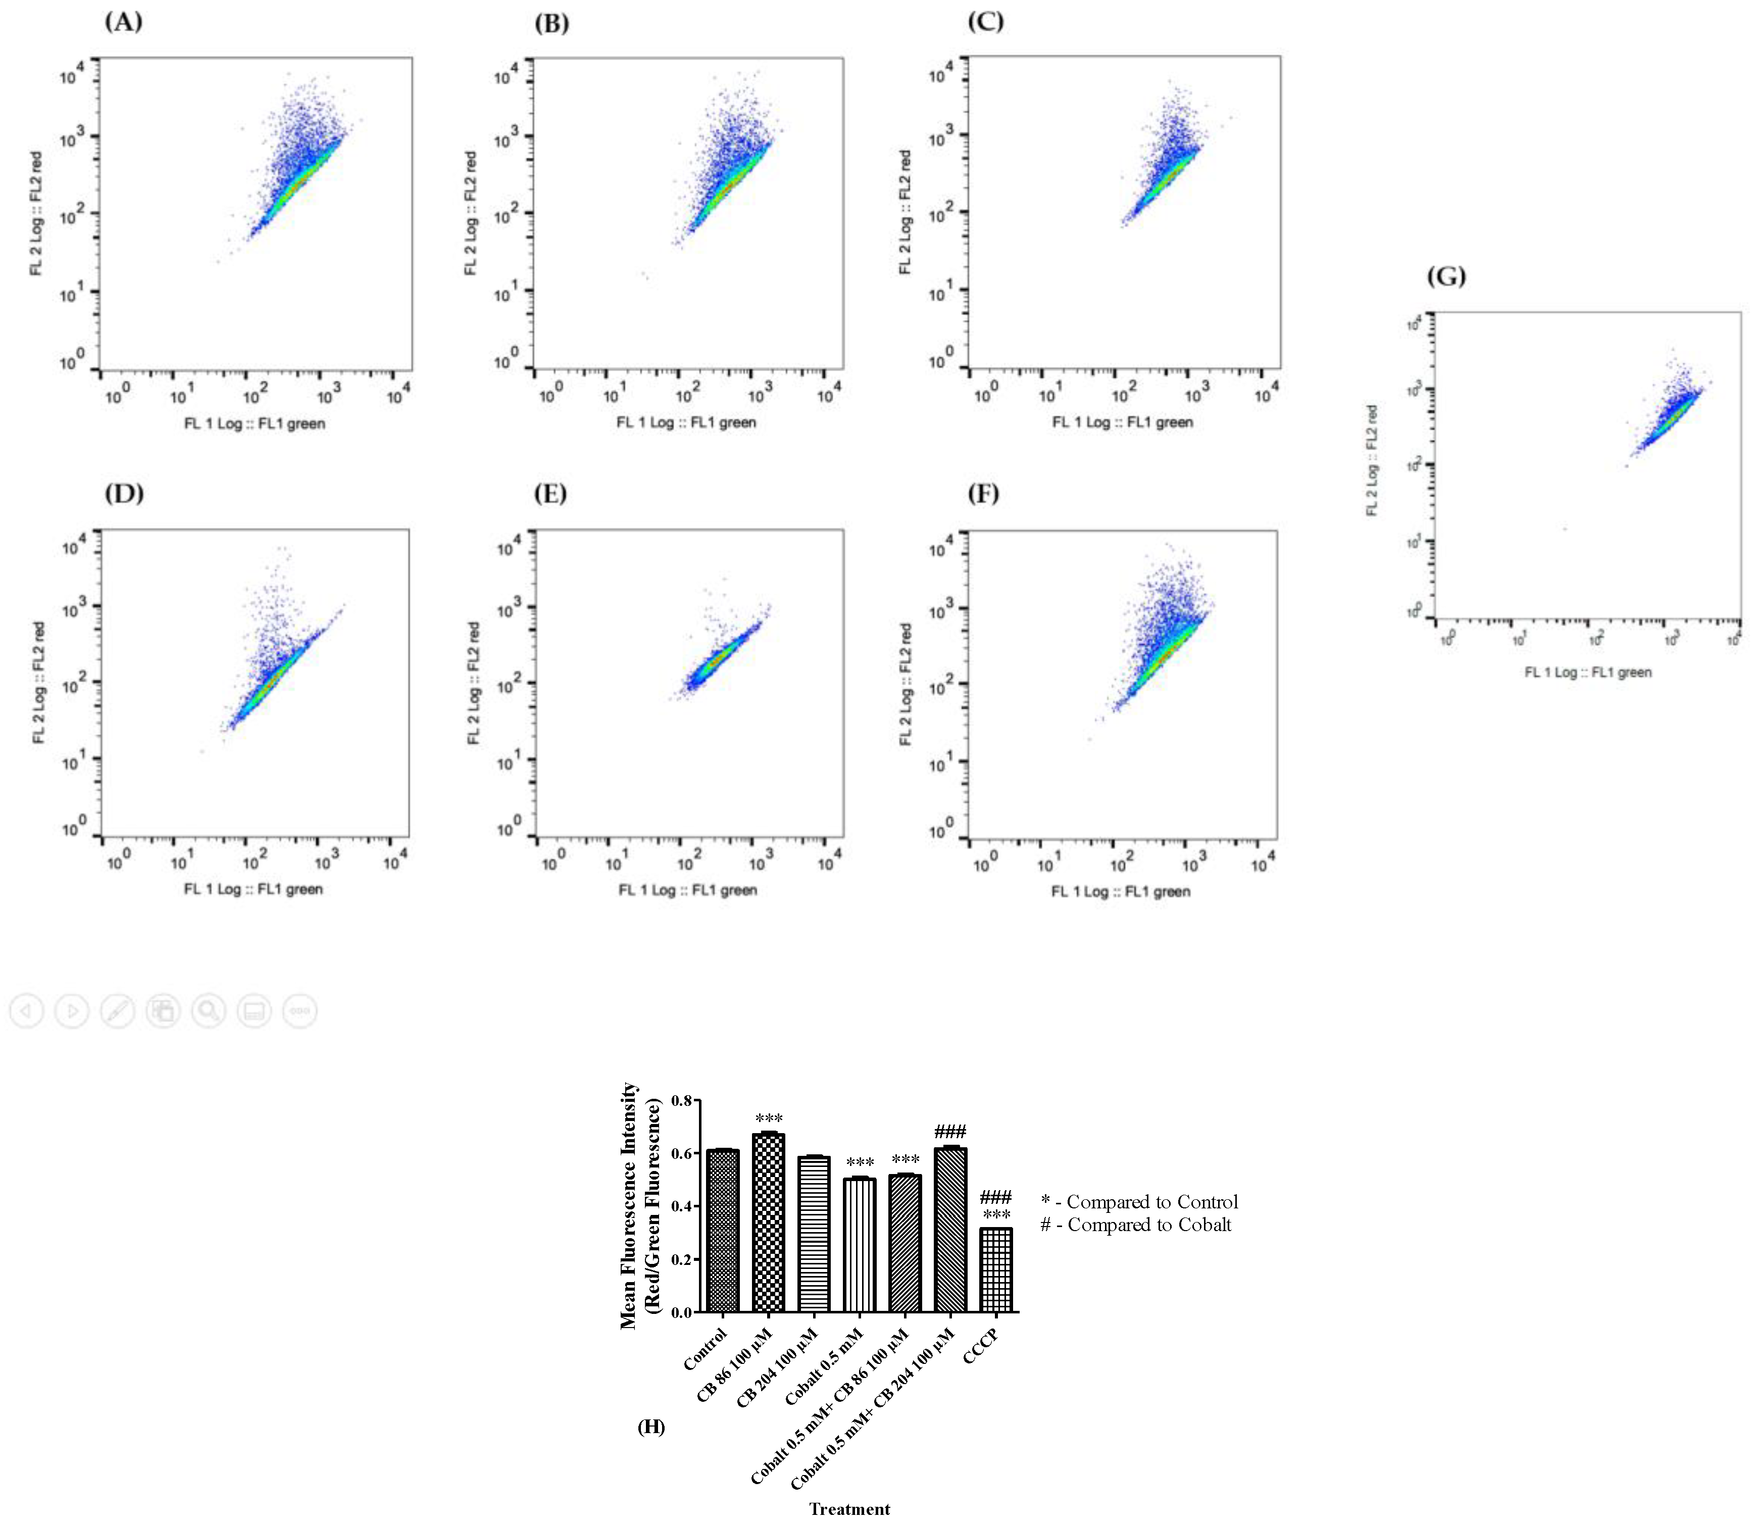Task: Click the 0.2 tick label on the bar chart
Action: pos(682,1259)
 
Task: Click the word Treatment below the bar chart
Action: pos(849,1509)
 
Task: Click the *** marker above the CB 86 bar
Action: pos(769,1119)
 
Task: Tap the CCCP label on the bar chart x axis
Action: pos(980,1346)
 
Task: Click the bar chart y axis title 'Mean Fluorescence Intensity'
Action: pos(629,1206)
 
